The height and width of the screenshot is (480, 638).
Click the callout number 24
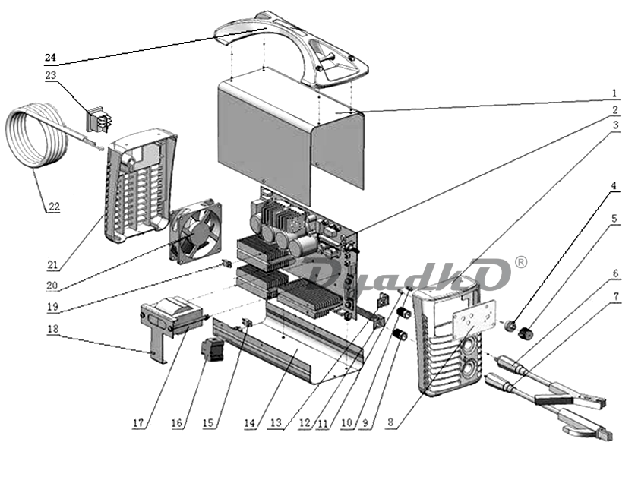pos(50,58)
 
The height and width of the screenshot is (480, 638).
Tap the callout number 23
pos(50,76)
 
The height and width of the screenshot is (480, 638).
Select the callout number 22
pos(54,207)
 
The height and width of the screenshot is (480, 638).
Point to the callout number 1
pos(614,94)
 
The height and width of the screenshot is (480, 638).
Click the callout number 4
pos(614,186)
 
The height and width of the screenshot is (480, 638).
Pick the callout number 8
pos(390,422)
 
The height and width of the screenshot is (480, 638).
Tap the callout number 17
pos(138,423)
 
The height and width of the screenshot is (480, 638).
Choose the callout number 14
pos(250,423)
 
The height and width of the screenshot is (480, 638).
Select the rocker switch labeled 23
pos(99,119)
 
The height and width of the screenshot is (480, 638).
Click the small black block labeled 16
pos(213,349)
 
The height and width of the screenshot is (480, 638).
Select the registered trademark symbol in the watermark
pos(521,262)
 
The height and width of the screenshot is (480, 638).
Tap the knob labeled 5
pos(526,333)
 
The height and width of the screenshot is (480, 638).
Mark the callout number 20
pos(52,286)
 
